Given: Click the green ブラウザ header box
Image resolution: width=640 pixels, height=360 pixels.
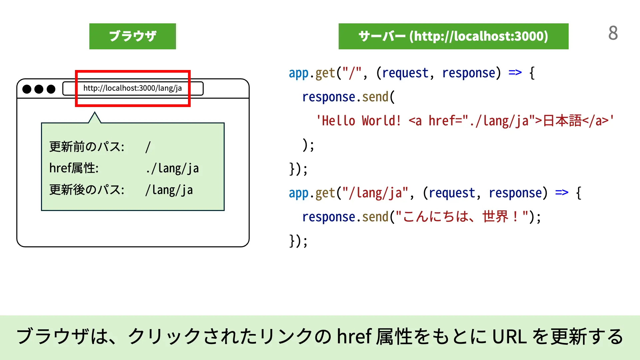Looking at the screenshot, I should [132, 36].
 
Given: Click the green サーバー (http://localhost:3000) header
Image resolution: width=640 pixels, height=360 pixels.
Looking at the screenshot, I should [453, 36].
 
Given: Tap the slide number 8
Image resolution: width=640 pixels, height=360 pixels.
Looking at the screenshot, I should [613, 33].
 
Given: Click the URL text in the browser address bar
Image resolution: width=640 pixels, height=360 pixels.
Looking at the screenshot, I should [132, 88].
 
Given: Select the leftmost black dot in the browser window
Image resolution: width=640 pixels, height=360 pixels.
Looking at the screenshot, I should [27, 89].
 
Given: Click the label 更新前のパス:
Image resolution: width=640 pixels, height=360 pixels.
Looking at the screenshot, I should [87, 147].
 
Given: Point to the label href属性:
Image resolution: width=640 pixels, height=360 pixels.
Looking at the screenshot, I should [74, 168].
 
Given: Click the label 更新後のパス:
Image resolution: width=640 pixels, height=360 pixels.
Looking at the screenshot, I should [87, 190].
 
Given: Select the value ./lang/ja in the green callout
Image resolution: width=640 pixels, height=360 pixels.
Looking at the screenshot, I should [172, 169].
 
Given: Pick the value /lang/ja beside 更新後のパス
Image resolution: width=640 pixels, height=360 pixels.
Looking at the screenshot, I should [169, 190].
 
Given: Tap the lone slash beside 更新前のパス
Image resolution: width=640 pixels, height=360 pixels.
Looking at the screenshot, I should [148, 147].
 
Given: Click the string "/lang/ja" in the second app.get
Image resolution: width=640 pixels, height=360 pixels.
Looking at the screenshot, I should [376, 193].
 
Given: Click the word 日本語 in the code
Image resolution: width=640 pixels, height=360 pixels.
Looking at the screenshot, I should [562, 121].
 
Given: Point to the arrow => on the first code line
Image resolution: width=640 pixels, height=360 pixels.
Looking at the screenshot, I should [515, 73].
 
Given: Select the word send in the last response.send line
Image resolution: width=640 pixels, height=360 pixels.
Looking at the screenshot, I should [375, 217].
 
